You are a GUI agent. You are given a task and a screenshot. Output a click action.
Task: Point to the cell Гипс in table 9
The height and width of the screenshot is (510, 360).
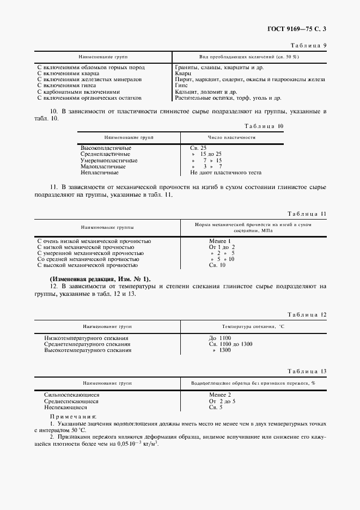pos(181,86)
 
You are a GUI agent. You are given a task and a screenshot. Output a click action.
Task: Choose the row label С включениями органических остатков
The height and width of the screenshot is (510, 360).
pos(89,98)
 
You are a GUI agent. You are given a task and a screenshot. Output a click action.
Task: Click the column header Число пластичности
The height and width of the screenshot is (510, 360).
pos(231,138)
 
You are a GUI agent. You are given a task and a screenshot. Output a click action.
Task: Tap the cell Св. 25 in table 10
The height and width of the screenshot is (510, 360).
pos(198,148)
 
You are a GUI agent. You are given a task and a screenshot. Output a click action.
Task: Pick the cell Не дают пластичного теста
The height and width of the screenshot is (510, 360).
pos(225,173)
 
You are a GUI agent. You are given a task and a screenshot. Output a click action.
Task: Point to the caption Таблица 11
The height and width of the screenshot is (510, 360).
pos(307,214)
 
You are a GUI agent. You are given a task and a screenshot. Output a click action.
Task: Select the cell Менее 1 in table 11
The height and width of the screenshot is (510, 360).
pos(220,241)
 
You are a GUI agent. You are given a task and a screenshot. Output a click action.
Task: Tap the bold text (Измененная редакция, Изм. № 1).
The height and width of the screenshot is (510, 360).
pos(101,279)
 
